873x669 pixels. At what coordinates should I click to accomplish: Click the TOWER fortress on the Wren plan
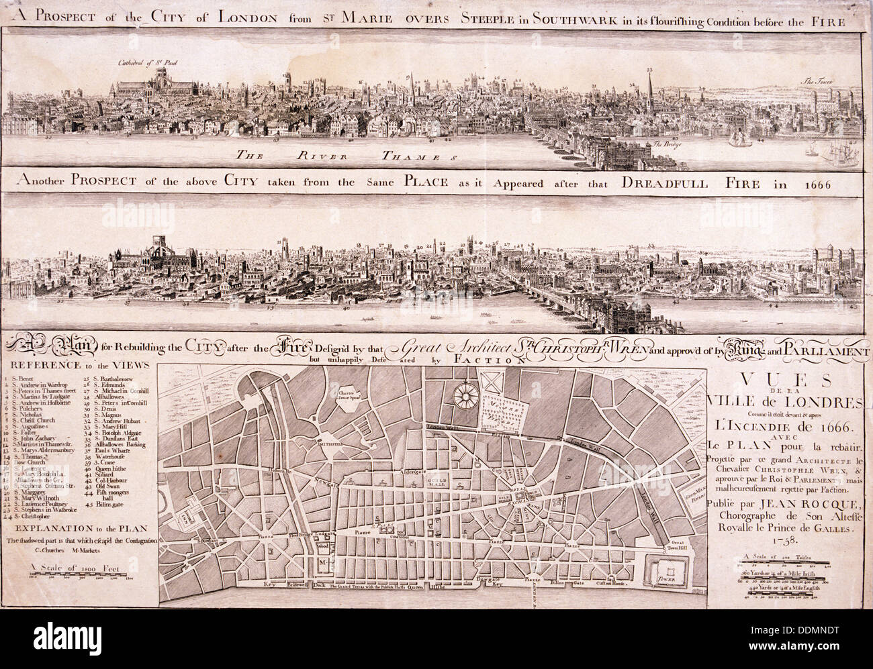pos(662,566)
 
